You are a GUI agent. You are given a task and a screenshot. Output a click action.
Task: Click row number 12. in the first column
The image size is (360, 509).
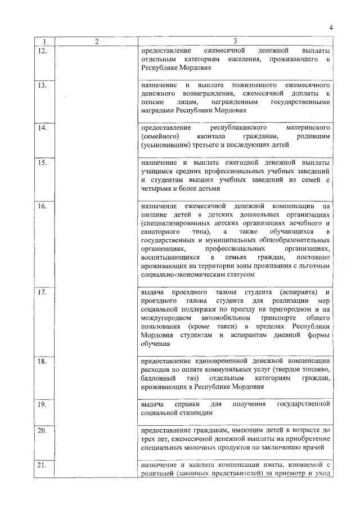click(42, 51)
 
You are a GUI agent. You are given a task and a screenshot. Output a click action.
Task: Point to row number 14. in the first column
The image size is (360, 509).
click(42, 128)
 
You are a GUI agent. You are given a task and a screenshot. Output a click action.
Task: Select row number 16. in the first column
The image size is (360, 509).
click(42, 206)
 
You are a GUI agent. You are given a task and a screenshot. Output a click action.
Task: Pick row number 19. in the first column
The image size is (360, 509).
click(42, 404)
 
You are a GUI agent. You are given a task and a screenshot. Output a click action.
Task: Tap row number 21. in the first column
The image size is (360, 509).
click(42, 465)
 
